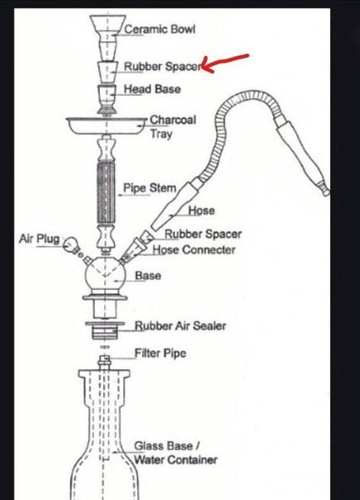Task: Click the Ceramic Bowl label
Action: coord(159,29)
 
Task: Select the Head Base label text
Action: coord(152,89)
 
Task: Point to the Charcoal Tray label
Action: coord(172,127)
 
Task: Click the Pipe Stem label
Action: coord(149,188)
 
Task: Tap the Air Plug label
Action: coord(39,238)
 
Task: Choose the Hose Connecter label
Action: coord(194,250)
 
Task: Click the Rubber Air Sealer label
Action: coord(180,326)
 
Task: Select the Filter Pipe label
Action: coord(160,353)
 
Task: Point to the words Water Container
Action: coord(176,459)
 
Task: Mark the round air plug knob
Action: coord(70,244)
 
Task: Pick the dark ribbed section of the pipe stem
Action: coord(106,192)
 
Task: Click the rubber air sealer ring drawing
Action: coord(105,330)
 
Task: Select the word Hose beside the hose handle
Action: coord(201,211)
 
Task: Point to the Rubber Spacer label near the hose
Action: coord(202,233)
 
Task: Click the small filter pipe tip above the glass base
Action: coord(105,361)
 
